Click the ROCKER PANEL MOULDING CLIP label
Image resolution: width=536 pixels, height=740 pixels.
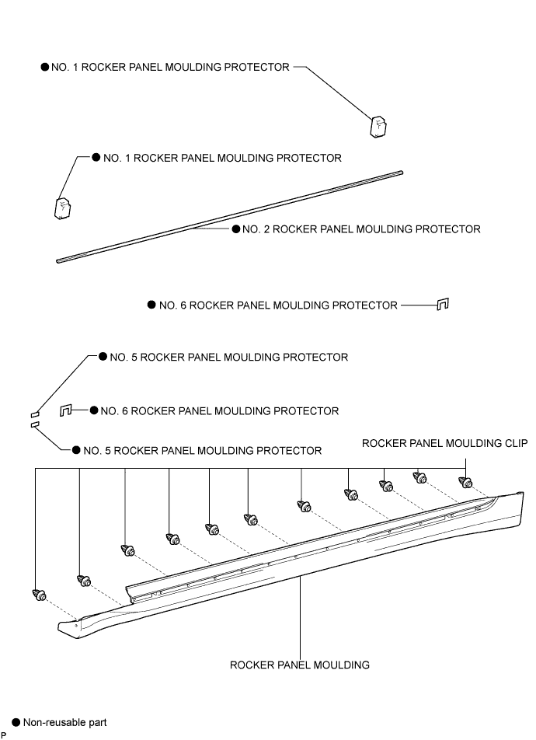point(444,443)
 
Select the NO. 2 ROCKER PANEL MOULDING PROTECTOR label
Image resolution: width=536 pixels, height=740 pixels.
point(361,229)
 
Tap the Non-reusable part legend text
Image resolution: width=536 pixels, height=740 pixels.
point(65,723)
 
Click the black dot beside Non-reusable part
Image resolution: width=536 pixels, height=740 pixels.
point(16,722)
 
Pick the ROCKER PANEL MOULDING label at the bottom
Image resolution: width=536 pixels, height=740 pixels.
point(300,665)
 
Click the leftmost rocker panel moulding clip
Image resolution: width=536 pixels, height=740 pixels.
point(39,595)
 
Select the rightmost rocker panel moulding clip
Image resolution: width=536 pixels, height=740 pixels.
point(465,482)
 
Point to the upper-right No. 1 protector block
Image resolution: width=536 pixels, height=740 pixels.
point(378,127)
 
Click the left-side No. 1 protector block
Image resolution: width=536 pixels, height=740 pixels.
point(63,208)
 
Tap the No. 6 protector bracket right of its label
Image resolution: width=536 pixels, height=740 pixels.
point(443,305)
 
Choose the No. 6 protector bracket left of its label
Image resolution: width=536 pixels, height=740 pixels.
point(65,410)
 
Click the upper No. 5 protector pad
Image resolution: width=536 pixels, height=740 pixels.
point(34,414)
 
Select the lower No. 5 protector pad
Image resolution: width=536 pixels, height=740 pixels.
point(34,424)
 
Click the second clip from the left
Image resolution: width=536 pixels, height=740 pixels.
point(84,581)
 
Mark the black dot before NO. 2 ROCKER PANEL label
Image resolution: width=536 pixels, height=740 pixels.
point(236,229)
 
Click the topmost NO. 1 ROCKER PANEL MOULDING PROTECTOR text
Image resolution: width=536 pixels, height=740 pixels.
point(170,67)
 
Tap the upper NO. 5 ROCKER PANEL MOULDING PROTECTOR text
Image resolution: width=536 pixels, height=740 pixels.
point(229,358)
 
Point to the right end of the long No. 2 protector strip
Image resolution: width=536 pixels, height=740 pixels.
point(402,173)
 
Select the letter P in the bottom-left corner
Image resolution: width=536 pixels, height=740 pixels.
point(3,736)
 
